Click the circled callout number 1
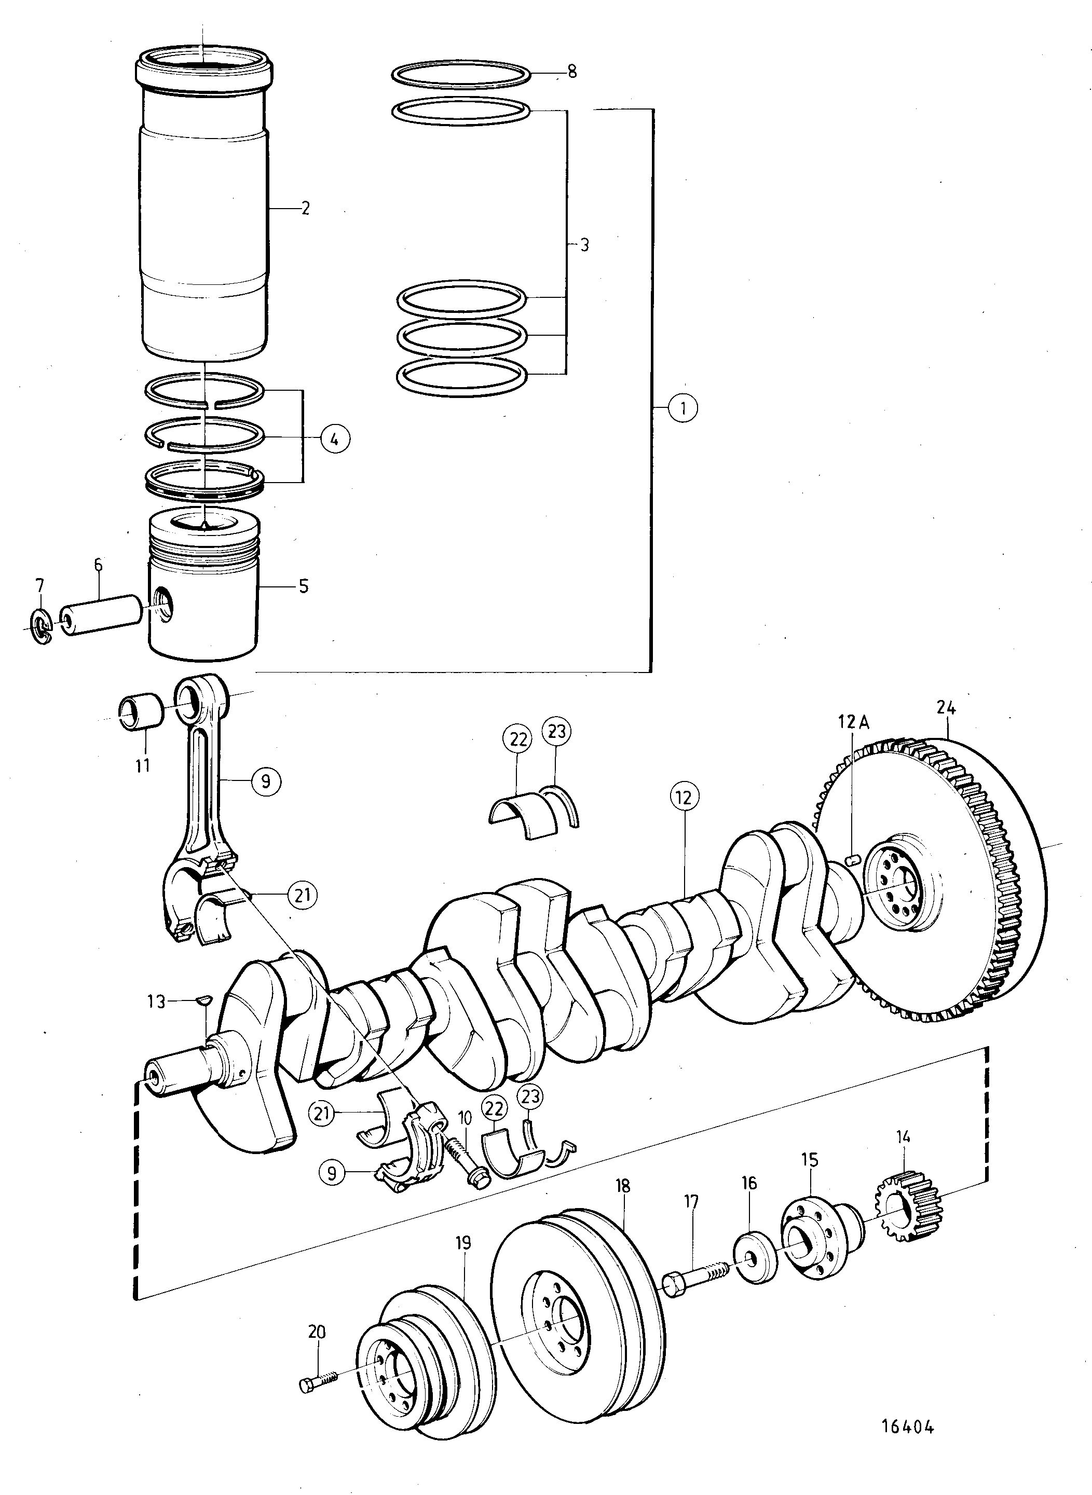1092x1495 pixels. [x=683, y=408]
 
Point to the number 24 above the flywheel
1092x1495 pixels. [x=946, y=708]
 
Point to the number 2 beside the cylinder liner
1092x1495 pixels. [x=304, y=208]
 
